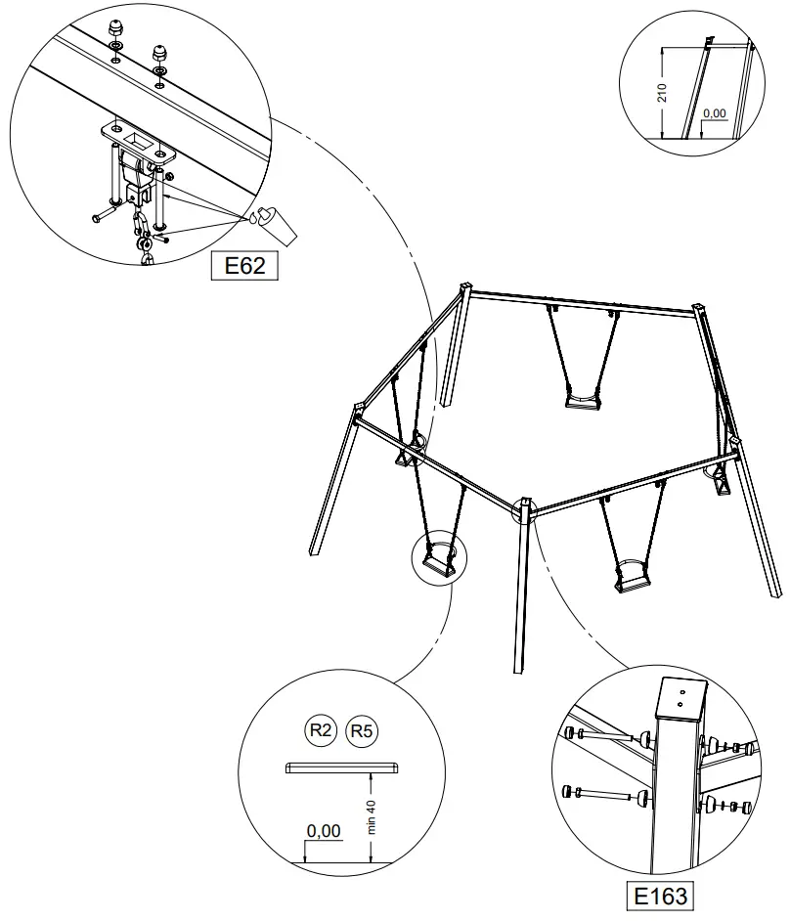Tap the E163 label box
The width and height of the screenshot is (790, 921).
[x=660, y=896]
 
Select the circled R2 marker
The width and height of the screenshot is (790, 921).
[x=321, y=730]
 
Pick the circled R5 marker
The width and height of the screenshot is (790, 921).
[x=363, y=730]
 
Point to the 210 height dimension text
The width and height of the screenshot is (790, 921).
[x=663, y=93]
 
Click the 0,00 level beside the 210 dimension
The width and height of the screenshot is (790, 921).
[x=715, y=113]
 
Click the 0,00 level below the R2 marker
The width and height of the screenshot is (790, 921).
[x=324, y=831]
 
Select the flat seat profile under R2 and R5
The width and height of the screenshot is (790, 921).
[x=342, y=767]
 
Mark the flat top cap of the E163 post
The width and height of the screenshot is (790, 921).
[x=680, y=698]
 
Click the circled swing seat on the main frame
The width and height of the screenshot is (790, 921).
[x=439, y=563]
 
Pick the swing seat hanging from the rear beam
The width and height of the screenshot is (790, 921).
[x=582, y=399]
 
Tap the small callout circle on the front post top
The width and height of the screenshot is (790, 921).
[x=526, y=509]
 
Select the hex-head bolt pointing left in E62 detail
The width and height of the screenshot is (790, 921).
[x=104, y=214]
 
